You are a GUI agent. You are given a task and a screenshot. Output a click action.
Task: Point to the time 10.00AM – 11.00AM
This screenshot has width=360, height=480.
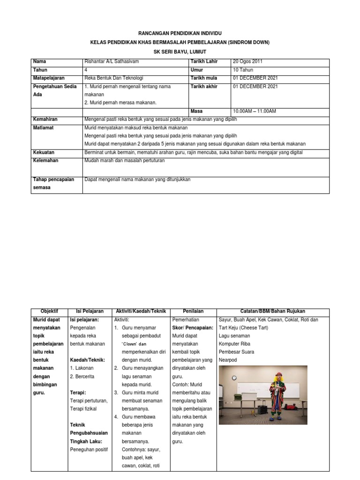255,111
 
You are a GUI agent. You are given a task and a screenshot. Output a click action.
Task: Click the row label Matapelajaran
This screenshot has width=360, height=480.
49,78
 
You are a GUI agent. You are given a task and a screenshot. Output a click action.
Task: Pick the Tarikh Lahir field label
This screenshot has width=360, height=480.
204,61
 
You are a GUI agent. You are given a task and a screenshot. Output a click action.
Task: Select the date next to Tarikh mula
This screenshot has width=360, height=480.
255,78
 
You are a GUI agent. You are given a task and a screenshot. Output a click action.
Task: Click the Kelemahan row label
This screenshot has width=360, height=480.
45,160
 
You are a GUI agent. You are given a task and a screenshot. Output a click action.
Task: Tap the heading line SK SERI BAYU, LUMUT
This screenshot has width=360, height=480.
180,51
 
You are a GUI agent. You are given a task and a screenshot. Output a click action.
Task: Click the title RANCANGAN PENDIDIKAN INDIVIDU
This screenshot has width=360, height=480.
180,34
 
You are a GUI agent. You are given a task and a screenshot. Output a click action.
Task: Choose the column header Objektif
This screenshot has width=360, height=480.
49,311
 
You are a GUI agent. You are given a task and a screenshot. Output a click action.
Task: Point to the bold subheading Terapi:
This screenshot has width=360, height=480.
78,392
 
